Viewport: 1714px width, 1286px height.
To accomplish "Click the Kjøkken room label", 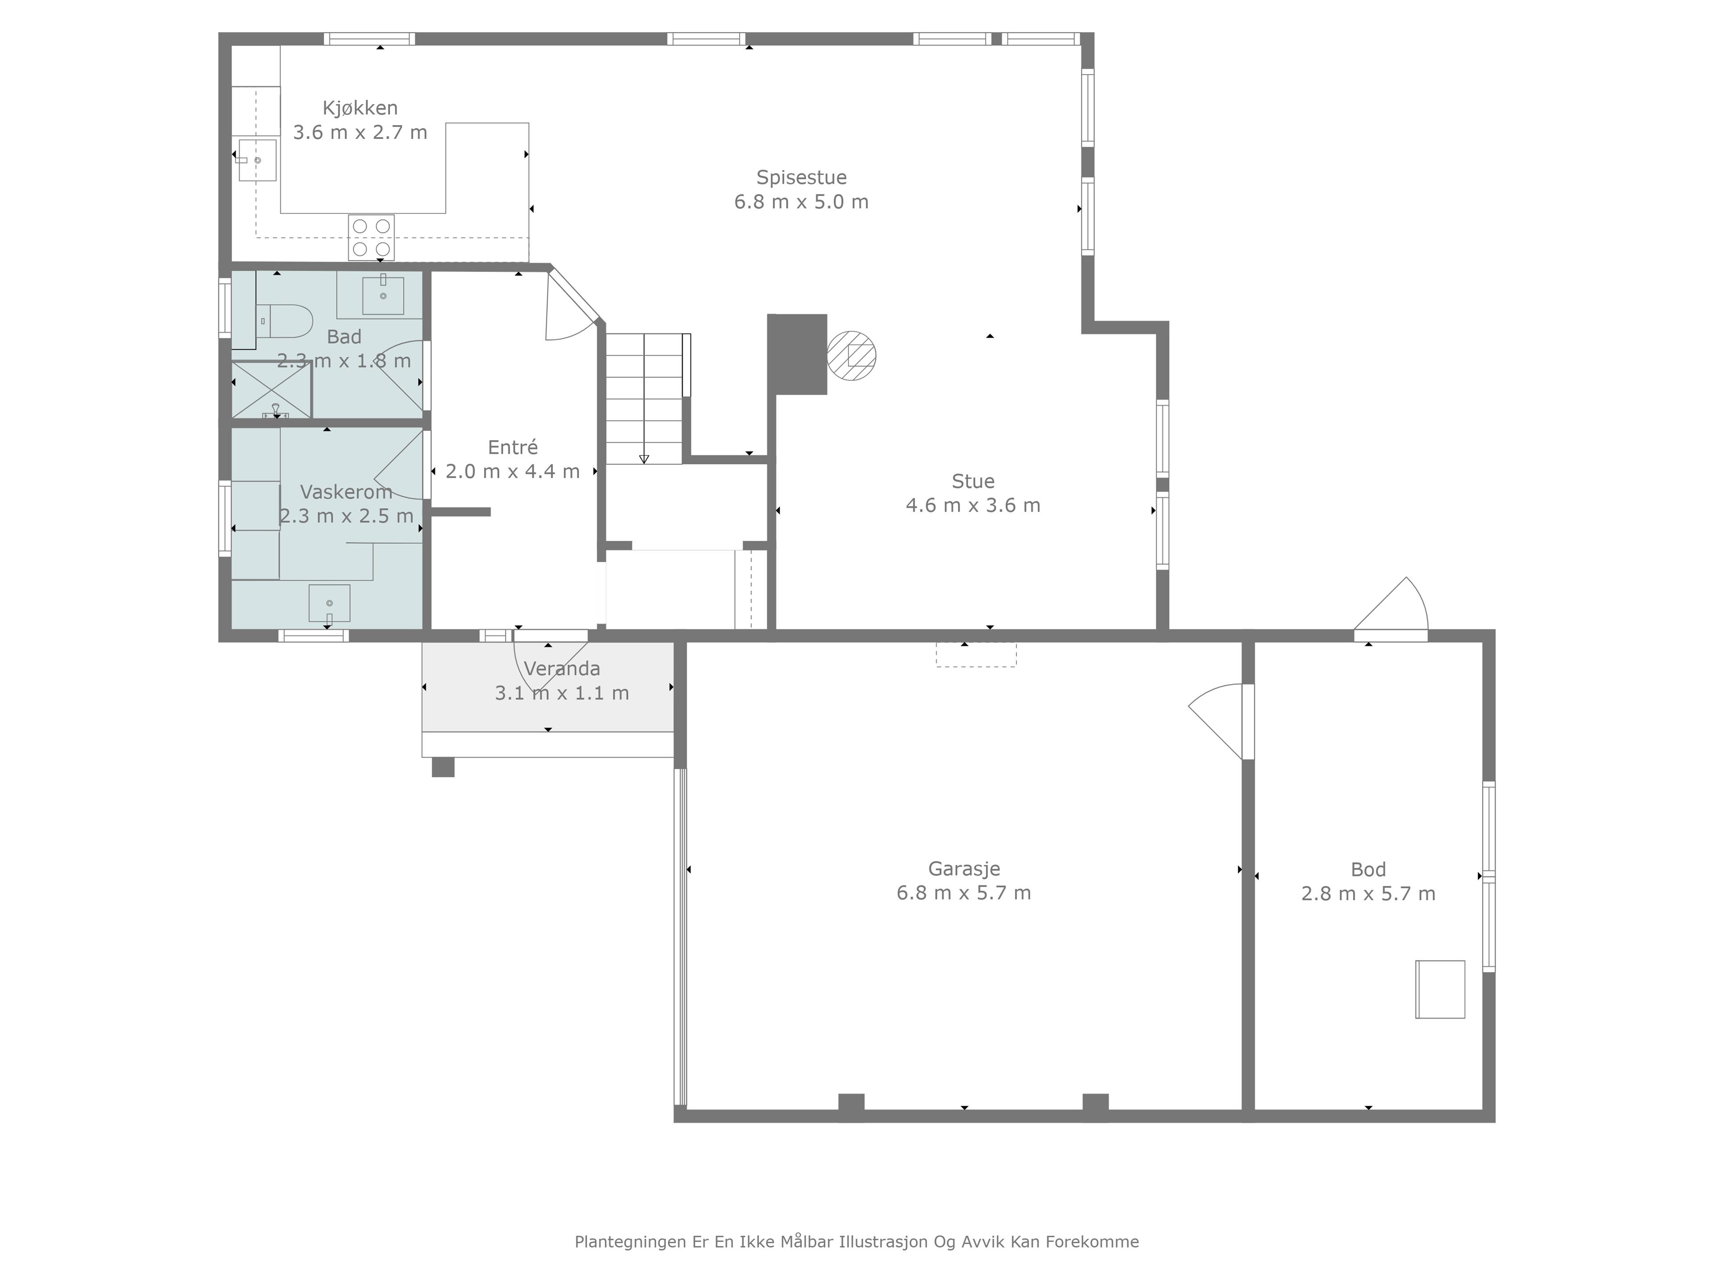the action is tap(360, 108).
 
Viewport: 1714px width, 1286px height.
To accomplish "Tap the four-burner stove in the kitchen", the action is tap(371, 237).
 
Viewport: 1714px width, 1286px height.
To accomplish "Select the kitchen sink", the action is tap(257, 160).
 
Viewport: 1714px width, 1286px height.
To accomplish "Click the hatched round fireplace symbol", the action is tap(852, 356).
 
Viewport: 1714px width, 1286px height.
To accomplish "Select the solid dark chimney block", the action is tap(797, 354).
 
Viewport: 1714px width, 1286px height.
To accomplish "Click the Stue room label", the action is tap(973, 481).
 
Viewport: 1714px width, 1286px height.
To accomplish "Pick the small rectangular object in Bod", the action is tap(1440, 989).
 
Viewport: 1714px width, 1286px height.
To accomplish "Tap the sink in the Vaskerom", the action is tap(329, 604).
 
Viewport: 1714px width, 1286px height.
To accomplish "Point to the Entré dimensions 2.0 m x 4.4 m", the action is tap(513, 471).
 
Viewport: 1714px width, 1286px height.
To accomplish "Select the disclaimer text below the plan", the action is tap(857, 1242).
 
